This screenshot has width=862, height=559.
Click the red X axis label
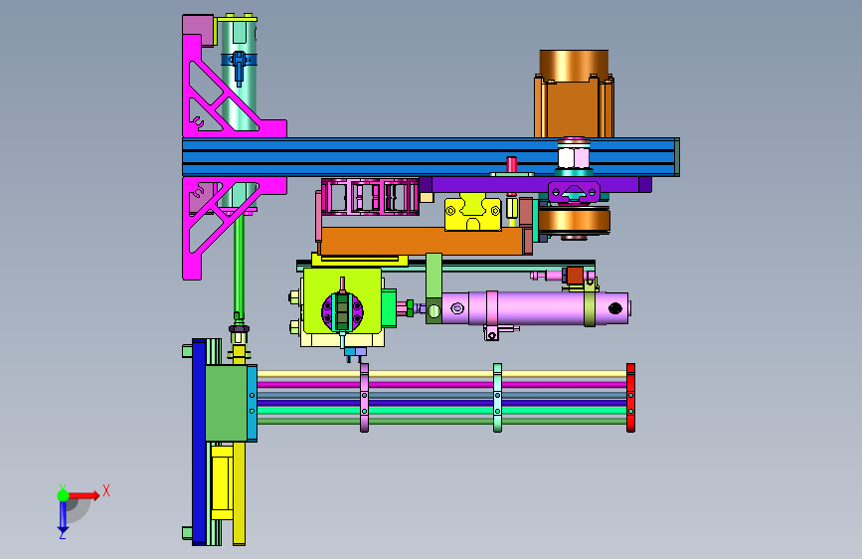click(x=106, y=490)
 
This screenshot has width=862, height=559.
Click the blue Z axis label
click(x=62, y=534)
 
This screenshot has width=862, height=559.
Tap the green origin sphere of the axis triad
click(x=63, y=495)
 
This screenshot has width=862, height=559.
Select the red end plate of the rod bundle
click(x=630, y=397)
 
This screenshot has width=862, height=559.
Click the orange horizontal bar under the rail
click(x=423, y=241)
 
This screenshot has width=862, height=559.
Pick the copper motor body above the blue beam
click(x=574, y=93)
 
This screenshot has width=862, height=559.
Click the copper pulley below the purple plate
click(x=574, y=220)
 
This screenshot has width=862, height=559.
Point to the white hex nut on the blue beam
click(x=574, y=154)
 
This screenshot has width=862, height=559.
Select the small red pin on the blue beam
click(x=511, y=164)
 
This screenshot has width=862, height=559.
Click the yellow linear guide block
click(x=473, y=213)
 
